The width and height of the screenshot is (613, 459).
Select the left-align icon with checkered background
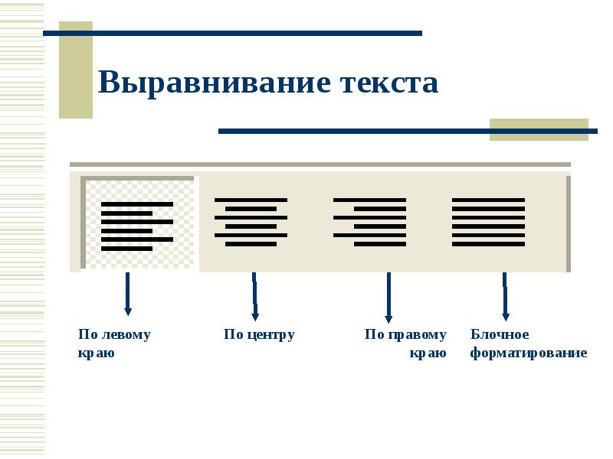pyautogui.click(x=138, y=223)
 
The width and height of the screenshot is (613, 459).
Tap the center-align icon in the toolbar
pyautogui.click(x=251, y=222)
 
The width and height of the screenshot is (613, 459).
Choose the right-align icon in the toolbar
pyautogui.click(x=369, y=222)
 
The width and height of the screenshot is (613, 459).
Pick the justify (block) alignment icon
pyautogui.click(x=488, y=222)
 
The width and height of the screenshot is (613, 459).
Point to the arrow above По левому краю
pyautogui.click(x=127, y=294)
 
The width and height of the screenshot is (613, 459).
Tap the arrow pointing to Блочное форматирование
pyautogui.click(x=505, y=297)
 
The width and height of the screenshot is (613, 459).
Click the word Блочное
pyautogui.click(x=500, y=334)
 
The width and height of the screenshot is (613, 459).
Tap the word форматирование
pyautogui.click(x=529, y=353)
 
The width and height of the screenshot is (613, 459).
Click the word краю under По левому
pyautogui.click(x=96, y=353)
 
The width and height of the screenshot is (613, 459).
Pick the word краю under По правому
pyautogui.click(x=428, y=353)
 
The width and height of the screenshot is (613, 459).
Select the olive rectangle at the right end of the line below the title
pyautogui.click(x=538, y=129)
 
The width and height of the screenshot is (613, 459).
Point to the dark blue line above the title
pyautogui.click(x=232, y=33)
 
